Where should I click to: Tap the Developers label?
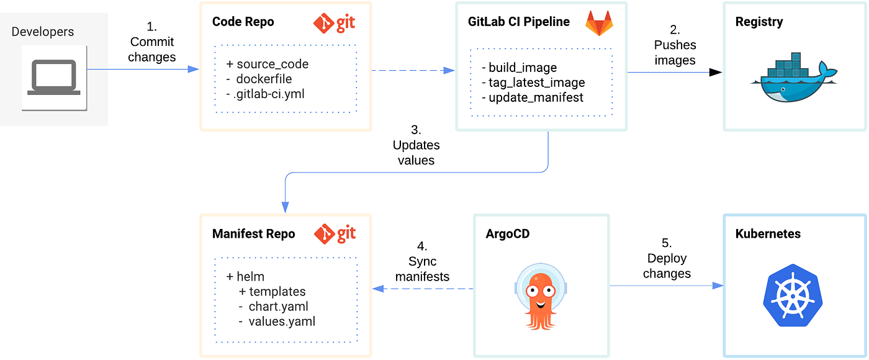tap(42, 32)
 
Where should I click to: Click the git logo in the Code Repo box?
tap(334, 22)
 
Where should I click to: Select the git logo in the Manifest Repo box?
tap(334, 234)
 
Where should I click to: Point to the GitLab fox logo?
tap(598, 23)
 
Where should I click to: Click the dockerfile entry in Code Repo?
tap(264, 79)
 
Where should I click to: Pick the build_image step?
tap(523, 68)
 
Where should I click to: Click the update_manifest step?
tap(532, 97)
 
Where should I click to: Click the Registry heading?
tap(759, 22)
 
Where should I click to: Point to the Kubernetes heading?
tap(768, 234)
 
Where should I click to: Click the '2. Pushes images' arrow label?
tap(675, 45)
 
